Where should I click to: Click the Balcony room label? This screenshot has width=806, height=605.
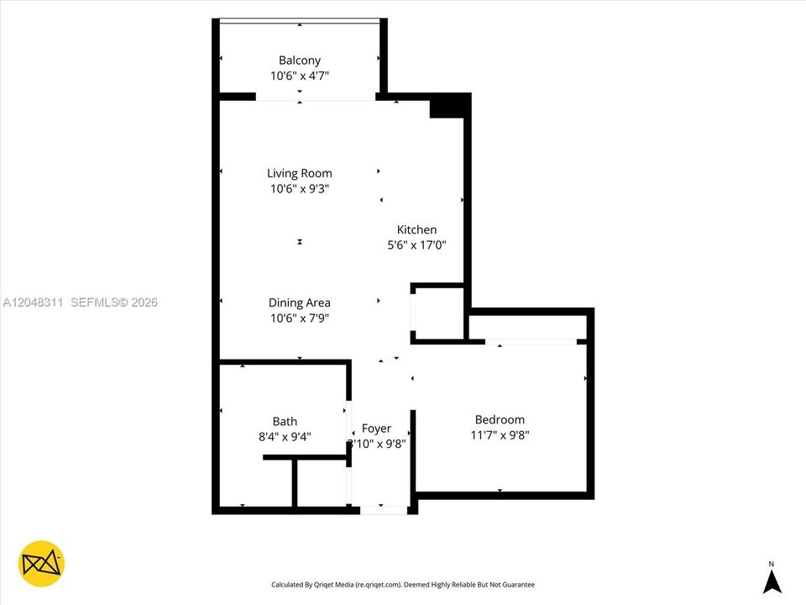(x=299, y=60)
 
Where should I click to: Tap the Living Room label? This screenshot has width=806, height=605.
(x=299, y=173)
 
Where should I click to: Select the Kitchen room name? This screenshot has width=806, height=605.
(x=417, y=230)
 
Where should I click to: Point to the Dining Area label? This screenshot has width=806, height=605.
(x=299, y=303)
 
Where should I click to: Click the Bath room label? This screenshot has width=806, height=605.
(x=285, y=422)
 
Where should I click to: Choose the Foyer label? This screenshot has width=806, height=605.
(x=376, y=429)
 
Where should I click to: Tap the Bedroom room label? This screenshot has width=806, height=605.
(x=500, y=420)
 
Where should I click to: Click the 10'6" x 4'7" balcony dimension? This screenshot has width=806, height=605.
(x=300, y=76)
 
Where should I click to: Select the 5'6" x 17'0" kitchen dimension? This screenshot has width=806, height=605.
(x=417, y=245)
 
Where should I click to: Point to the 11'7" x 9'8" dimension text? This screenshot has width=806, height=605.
(x=500, y=435)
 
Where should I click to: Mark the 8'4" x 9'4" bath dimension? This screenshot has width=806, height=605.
(x=285, y=437)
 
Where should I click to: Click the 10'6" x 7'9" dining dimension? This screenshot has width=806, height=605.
(x=300, y=318)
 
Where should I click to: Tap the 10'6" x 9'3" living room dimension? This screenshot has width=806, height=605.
(x=300, y=189)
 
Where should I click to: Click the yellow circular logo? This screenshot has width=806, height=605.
(x=41, y=564)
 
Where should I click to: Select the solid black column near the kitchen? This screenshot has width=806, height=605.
(x=450, y=106)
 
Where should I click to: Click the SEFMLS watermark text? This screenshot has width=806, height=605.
(x=114, y=302)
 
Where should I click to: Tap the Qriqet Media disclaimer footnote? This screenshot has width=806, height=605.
(x=403, y=585)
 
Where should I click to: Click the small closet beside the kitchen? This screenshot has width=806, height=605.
(x=439, y=313)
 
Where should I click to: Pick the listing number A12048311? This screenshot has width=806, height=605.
(x=33, y=302)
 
